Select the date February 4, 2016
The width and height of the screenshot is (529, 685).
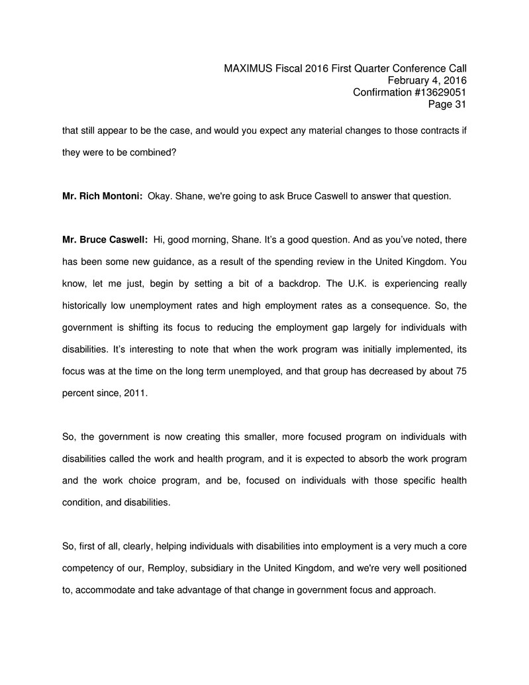coord(428,80)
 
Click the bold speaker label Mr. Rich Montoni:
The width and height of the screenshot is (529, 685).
coord(103,196)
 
